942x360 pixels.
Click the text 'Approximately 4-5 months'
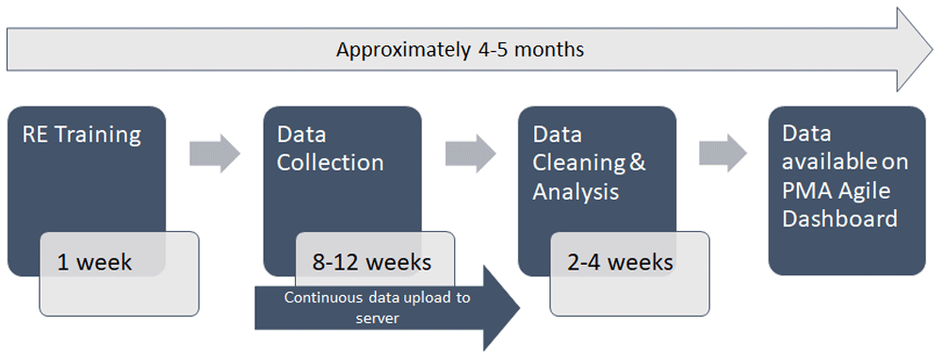coord(460,49)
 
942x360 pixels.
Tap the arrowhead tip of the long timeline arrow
coord(933,49)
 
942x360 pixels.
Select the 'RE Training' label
coord(82,135)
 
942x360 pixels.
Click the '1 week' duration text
coord(94,263)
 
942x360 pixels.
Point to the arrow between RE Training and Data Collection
coord(215,154)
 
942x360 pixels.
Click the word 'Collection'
coord(330,162)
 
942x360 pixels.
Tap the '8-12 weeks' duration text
coord(371,263)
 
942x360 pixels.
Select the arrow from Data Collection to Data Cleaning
coord(470,154)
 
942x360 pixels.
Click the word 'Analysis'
coord(576,191)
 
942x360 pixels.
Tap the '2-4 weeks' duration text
coord(621,263)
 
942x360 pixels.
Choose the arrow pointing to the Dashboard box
coord(723,154)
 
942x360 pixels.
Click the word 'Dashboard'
coord(840,218)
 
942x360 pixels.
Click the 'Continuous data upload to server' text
coord(378,308)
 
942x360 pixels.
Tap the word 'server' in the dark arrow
coord(378,319)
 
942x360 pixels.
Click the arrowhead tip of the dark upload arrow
coord(519,308)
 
